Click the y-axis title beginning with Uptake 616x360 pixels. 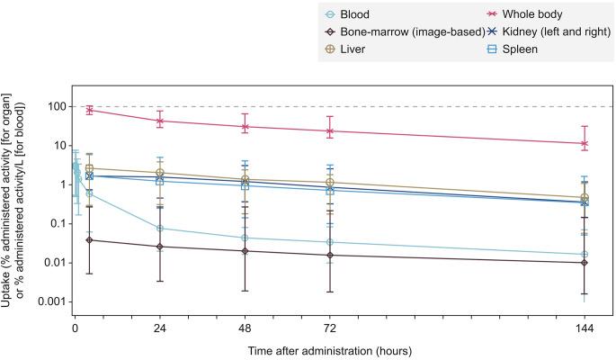coord(13,189)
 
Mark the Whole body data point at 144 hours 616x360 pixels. coord(585,143)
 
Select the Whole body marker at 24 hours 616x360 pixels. coord(159,121)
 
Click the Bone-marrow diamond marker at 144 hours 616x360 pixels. coord(585,263)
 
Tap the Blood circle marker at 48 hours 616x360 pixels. coord(245,238)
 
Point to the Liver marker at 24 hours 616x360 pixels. coord(159,173)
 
